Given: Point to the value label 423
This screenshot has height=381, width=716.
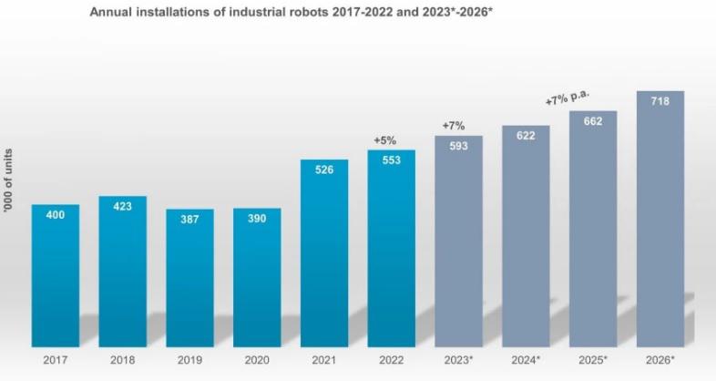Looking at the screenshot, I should [x=123, y=206].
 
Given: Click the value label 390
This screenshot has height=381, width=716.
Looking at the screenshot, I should [x=257, y=218].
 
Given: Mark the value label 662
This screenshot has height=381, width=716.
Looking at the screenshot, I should [x=593, y=121].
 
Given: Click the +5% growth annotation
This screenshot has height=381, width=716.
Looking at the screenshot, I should [x=385, y=140].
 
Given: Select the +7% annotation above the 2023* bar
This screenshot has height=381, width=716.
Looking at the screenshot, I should [x=453, y=125].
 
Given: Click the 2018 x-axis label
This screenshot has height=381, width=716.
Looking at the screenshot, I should [x=123, y=359].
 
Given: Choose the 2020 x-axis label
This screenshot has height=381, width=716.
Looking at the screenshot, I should [x=257, y=359].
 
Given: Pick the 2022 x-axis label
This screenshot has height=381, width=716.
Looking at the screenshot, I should [x=392, y=359].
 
